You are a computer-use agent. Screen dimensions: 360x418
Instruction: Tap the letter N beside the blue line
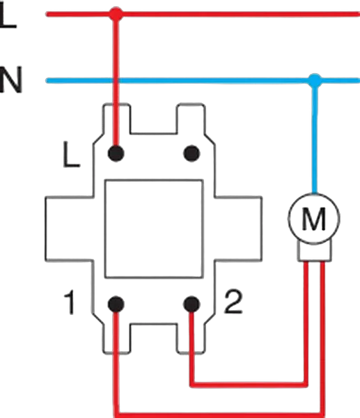click(10, 79)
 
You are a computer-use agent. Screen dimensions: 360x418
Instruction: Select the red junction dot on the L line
click(116, 14)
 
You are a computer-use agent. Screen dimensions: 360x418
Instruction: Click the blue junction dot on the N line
click(315, 80)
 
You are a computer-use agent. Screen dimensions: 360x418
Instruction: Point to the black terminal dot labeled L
click(116, 153)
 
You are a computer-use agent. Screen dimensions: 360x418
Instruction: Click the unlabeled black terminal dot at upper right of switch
click(191, 153)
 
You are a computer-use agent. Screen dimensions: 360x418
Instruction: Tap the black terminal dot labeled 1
click(116, 304)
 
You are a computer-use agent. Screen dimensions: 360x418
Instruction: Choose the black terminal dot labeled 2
click(191, 304)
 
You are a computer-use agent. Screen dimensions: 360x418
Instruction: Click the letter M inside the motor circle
click(314, 219)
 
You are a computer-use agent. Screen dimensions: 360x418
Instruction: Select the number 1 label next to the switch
click(69, 303)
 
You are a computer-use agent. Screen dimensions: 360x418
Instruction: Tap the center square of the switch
click(154, 229)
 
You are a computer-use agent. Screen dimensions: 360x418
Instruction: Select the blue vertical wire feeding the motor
click(315, 137)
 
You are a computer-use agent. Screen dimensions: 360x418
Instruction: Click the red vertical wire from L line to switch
click(116, 83)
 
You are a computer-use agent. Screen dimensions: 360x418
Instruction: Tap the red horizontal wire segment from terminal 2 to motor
click(249, 385)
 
